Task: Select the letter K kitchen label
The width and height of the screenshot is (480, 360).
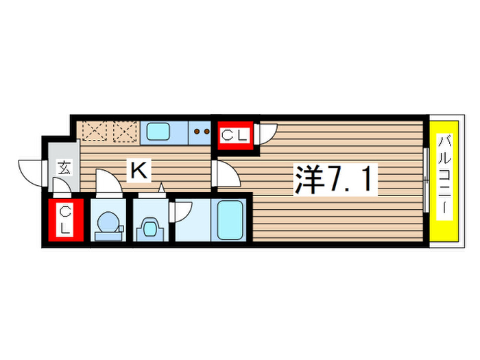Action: tap(139, 171)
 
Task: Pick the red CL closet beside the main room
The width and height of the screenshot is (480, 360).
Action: tap(234, 134)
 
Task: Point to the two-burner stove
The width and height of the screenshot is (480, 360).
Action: tap(202, 130)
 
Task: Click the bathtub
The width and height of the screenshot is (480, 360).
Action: tap(230, 219)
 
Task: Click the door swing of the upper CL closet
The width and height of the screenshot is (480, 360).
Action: tap(266, 132)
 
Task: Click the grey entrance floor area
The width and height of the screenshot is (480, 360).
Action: tap(64, 154)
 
